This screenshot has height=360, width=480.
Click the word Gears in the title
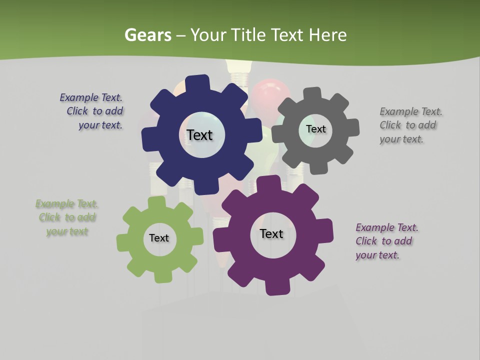pyautogui.click(x=147, y=35)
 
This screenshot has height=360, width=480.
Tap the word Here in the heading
pyautogui.click(x=327, y=35)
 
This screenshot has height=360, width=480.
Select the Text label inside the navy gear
pyautogui.click(x=199, y=135)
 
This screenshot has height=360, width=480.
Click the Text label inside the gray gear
pyautogui.click(x=315, y=129)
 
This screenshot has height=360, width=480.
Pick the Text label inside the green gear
pyautogui.click(x=159, y=238)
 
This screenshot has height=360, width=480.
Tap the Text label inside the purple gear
pyautogui.click(x=271, y=233)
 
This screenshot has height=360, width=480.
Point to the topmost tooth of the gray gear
pyautogui.click(x=312, y=93)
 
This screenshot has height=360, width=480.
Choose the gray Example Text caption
pyautogui.click(x=410, y=125)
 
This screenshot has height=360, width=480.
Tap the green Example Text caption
pyautogui.click(x=67, y=217)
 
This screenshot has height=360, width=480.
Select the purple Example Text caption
pyautogui.click(x=386, y=241)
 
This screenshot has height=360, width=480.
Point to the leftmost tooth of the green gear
pyautogui.click(x=123, y=242)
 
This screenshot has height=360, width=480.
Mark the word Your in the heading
pyautogui.click(x=209, y=35)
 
